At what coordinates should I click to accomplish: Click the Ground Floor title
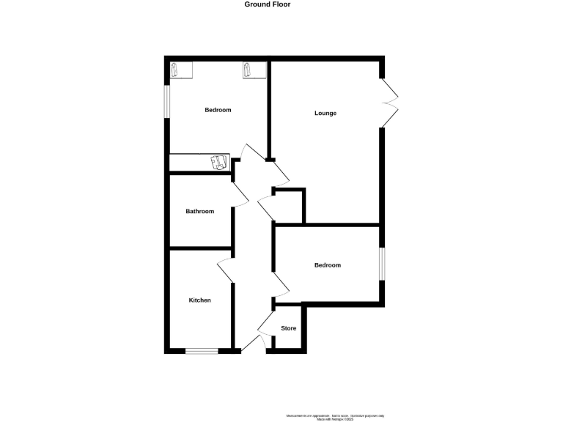click(268, 4)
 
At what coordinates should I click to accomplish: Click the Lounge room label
click(325, 113)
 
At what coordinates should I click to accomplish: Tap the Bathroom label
click(199, 212)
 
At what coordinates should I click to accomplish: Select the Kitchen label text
click(199, 300)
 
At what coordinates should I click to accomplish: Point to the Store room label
click(289, 328)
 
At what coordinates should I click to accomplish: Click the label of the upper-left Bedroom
click(218, 110)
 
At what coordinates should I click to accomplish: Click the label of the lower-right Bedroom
click(327, 265)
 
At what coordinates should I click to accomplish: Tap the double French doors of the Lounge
click(389, 103)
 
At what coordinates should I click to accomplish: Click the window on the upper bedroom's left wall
click(166, 101)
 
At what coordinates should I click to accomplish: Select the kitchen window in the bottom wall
click(202, 352)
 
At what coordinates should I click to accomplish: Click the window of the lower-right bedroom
click(381, 264)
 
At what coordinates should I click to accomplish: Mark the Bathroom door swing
click(240, 194)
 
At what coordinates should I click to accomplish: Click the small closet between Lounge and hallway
click(288, 207)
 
